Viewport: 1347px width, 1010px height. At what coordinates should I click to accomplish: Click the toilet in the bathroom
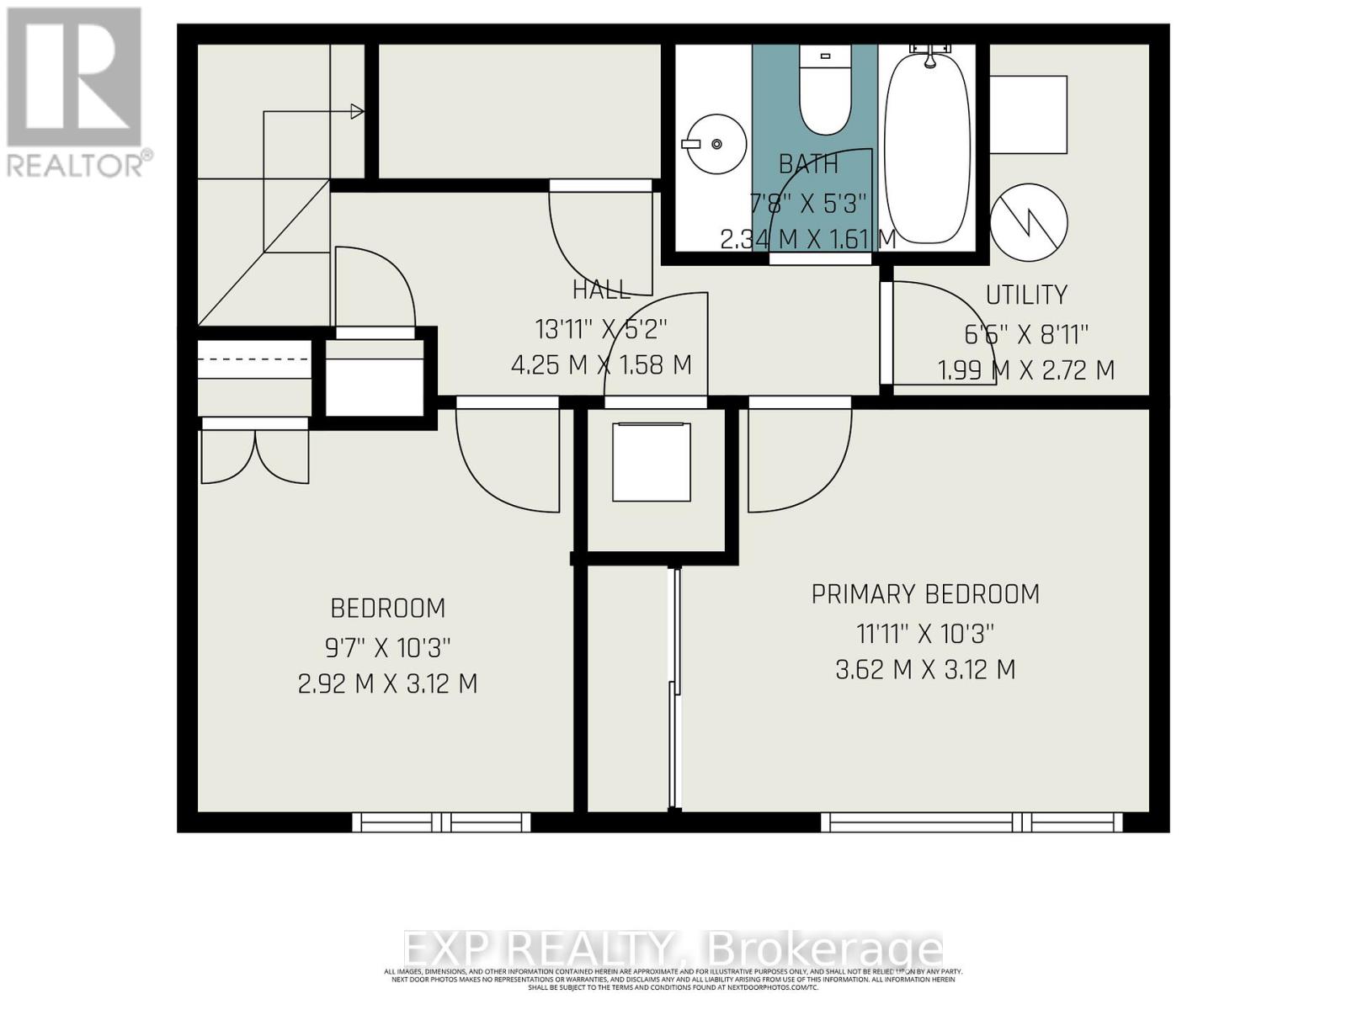[824, 92]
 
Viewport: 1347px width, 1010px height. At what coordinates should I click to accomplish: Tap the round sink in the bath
[713, 144]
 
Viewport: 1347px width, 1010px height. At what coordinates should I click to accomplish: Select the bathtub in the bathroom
[927, 146]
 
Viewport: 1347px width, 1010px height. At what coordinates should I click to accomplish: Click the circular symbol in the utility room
[1029, 222]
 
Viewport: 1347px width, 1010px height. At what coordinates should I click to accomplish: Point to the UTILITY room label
[1026, 295]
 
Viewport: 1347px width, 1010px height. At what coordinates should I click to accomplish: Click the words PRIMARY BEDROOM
[925, 594]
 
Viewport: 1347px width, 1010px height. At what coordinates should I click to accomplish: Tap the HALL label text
[601, 290]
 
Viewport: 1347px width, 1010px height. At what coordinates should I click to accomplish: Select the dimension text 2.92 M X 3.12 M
[388, 683]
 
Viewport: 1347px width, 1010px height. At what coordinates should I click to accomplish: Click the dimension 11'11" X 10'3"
[925, 633]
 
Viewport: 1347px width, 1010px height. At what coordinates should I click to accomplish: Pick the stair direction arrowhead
[358, 111]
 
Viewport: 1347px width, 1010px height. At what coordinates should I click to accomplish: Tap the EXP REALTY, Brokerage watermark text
[673, 949]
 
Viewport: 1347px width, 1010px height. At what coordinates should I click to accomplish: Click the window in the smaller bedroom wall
[441, 821]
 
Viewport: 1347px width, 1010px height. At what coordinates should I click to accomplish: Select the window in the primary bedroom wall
[972, 821]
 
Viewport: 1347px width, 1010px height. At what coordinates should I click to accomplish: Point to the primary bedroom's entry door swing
[796, 459]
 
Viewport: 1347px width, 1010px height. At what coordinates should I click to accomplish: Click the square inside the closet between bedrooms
[652, 462]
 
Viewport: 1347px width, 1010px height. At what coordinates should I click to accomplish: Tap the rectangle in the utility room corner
[1028, 114]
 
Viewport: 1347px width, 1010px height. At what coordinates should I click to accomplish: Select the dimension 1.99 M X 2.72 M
[1026, 370]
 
